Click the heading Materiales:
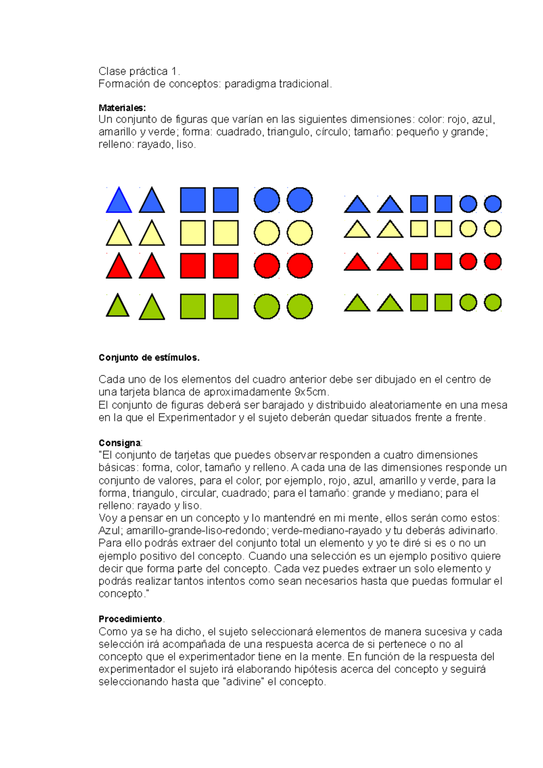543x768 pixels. (122, 108)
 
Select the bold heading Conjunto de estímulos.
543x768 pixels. (149, 357)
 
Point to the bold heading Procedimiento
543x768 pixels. (130, 619)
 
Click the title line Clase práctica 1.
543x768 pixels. (139, 71)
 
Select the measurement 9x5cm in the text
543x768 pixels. (310, 392)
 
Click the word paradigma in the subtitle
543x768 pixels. (250, 84)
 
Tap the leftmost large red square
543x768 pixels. (193, 265)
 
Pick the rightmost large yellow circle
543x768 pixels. (300, 233)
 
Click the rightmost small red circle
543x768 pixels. (493, 261)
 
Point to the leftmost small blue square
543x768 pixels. (419, 204)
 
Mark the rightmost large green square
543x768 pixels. (226, 306)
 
